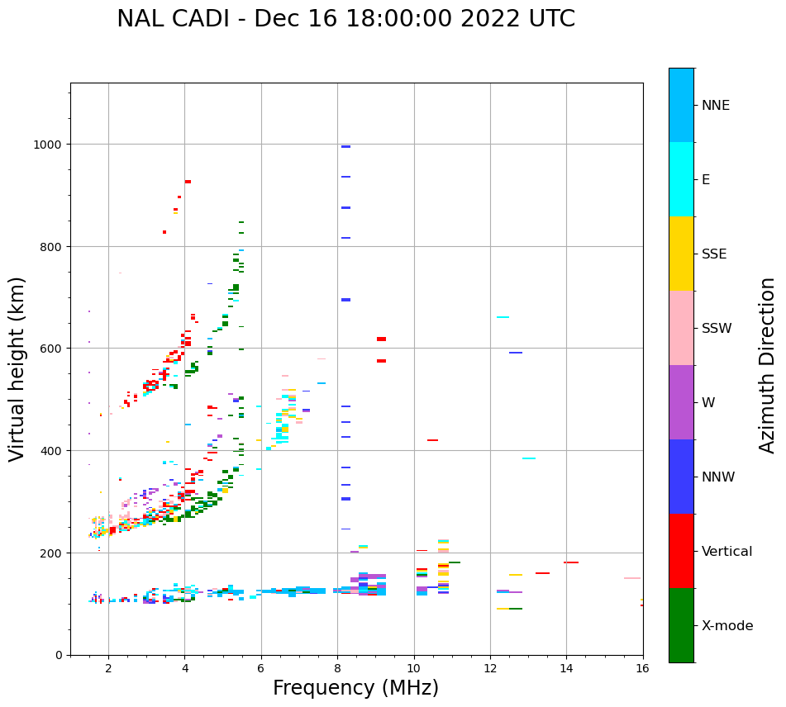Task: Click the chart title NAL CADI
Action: coord(345,19)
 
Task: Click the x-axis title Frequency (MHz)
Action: coord(355,688)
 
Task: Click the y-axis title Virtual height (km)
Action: coord(18,368)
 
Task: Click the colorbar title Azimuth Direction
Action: coord(768,365)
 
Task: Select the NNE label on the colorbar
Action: coord(715,105)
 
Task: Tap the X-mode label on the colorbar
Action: coord(726,626)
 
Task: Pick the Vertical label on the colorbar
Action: coord(726,552)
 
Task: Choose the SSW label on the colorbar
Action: coord(716,329)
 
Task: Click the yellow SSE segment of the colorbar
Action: coord(681,254)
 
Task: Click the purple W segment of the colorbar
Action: coord(681,402)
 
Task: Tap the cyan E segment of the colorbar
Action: coord(681,179)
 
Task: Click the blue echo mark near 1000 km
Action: coord(345,146)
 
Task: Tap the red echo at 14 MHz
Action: coord(570,562)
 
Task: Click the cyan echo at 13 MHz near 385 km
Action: coord(528,458)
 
